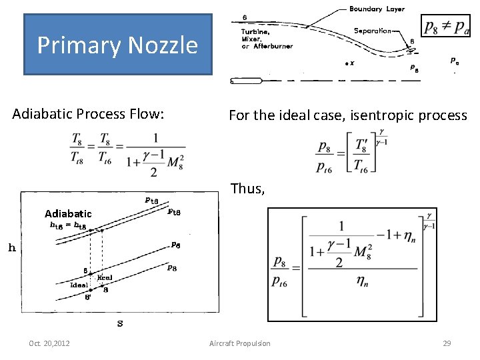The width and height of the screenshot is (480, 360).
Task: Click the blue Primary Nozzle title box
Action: tap(117, 45)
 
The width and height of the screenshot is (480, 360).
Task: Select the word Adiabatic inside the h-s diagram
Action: tap(68, 214)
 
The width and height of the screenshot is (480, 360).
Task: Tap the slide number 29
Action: tap(447, 343)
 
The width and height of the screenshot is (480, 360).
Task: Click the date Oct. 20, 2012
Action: tap(51, 343)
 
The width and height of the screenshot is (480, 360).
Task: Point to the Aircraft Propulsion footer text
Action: tap(240, 343)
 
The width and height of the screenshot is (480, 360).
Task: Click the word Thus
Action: tap(247, 189)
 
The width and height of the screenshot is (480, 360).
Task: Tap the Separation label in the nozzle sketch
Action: tap(373, 31)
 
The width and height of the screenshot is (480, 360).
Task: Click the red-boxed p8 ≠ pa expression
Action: tap(446, 27)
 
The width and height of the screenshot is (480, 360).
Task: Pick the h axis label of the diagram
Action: tap(12, 248)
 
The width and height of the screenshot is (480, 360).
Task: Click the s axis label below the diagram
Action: tap(120, 323)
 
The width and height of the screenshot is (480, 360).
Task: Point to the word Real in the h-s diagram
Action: tap(104, 277)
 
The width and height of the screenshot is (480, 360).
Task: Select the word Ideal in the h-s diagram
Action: tap(79, 285)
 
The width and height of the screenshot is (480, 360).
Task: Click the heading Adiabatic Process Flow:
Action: tap(87, 115)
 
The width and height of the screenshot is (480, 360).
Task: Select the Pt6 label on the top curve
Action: tap(152, 199)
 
